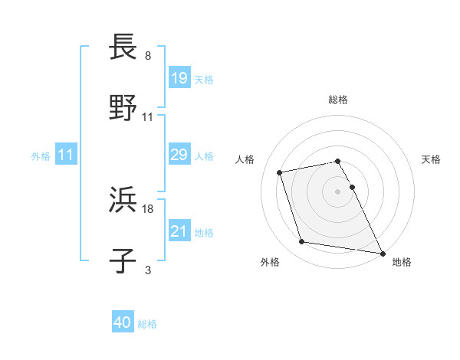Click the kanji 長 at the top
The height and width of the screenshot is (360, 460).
tap(123, 48)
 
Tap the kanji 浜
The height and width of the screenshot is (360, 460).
tap(123, 200)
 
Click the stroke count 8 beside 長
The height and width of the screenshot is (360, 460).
tap(148, 57)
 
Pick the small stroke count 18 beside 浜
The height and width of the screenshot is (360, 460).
tap(148, 208)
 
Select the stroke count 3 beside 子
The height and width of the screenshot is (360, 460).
tap(148, 270)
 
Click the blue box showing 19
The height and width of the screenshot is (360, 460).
tap(179, 78)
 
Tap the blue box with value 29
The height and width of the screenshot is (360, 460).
tap(179, 155)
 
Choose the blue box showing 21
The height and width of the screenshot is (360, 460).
tap(179, 231)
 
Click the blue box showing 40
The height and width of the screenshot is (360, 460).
tap(123, 323)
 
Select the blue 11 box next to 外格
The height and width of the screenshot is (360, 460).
tap(65, 155)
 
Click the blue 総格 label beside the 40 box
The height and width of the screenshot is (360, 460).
tap(147, 324)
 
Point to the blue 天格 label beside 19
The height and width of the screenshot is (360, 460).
tap(204, 79)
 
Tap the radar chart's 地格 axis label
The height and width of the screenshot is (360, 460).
tap(402, 262)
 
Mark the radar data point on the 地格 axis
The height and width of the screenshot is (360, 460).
tap(381, 253)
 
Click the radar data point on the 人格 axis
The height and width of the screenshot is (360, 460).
tap(280, 172)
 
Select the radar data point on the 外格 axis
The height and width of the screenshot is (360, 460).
tap(302, 242)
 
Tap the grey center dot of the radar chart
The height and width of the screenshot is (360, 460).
tap(338, 191)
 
